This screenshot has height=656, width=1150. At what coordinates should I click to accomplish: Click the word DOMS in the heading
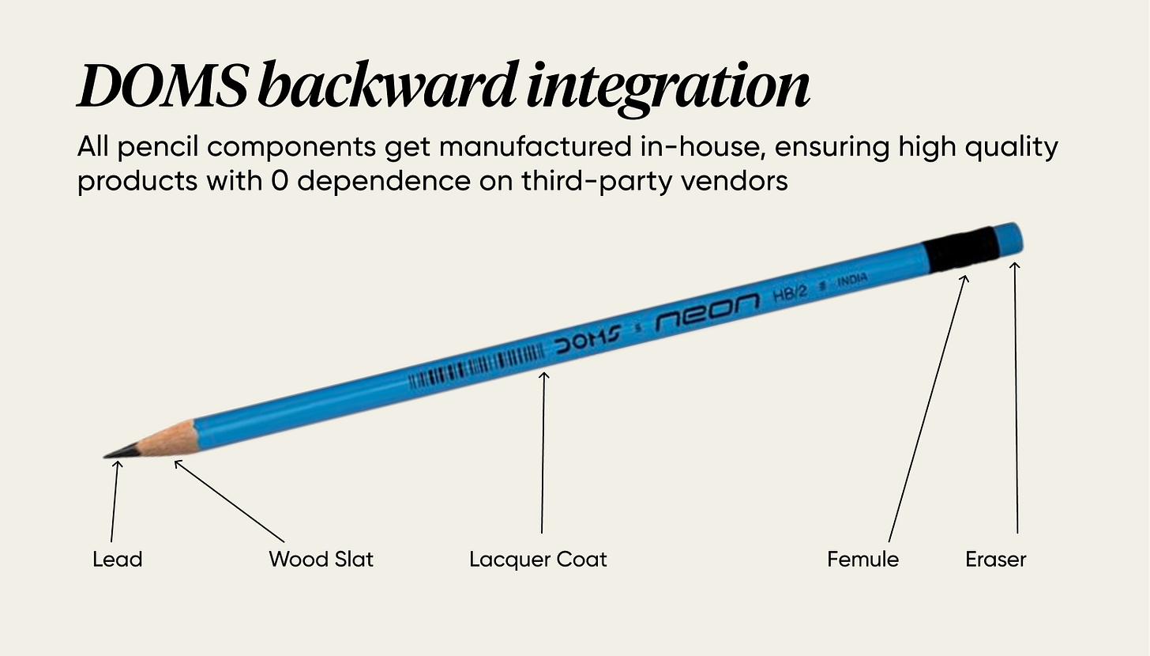pyautogui.click(x=163, y=86)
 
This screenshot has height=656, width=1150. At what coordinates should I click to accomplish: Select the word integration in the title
pyautogui.click(x=668, y=87)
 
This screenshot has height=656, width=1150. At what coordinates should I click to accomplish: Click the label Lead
pyautogui.click(x=117, y=560)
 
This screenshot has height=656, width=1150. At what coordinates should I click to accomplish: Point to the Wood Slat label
pyautogui.click(x=321, y=560)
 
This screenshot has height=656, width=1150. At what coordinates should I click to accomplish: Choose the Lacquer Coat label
pyautogui.click(x=538, y=560)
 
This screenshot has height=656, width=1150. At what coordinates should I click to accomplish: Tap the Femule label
pyautogui.click(x=862, y=560)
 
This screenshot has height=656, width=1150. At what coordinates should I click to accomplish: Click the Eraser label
pyautogui.click(x=995, y=560)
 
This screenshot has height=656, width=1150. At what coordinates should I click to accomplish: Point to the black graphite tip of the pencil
pyautogui.click(x=122, y=452)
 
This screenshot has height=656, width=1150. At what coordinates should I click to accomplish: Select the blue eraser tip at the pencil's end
pyautogui.click(x=1008, y=238)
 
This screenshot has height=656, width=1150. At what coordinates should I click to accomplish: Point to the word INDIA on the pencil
pyautogui.click(x=852, y=280)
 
